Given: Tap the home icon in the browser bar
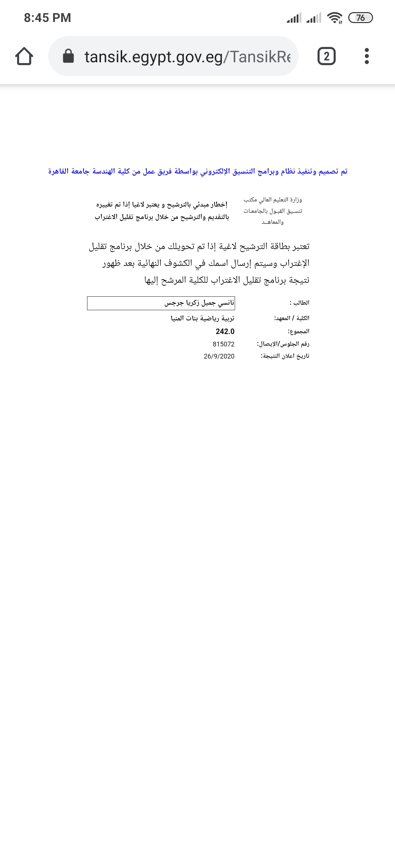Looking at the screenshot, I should [x=24, y=56].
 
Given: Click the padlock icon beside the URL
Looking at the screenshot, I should [x=68, y=56].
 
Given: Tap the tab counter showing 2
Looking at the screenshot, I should [x=326, y=56].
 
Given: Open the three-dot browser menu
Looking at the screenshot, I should [x=366, y=56].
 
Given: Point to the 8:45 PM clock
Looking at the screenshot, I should [x=48, y=18].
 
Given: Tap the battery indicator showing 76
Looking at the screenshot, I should [x=360, y=18].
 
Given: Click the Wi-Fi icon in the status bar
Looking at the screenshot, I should [x=335, y=18].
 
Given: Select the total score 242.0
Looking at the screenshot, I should [x=225, y=331].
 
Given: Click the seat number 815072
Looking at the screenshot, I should [x=223, y=344].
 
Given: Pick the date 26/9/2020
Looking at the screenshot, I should [x=219, y=356].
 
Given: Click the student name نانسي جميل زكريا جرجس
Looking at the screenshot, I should [x=199, y=303].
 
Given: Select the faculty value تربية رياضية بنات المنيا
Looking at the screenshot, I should [x=203, y=318].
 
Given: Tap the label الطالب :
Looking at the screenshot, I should [x=300, y=303].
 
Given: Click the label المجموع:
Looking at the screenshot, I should [x=298, y=331].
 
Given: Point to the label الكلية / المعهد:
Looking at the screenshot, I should [x=291, y=318].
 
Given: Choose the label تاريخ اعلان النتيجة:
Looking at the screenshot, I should [x=285, y=356].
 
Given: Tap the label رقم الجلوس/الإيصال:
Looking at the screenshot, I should [x=283, y=344].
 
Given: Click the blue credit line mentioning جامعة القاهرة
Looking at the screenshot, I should [x=198, y=171].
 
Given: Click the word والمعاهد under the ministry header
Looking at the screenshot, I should [x=273, y=222].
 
